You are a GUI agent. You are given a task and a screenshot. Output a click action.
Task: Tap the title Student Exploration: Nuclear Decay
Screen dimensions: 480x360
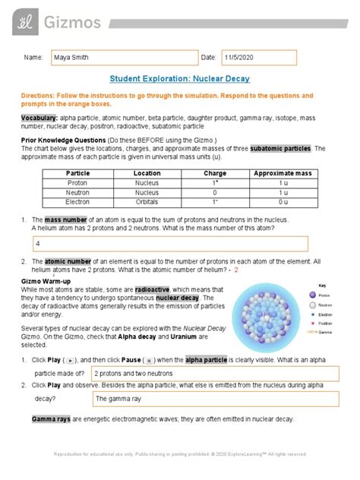tap(179, 78)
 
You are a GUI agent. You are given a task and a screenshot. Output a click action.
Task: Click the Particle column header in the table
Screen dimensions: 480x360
tap(78, 172)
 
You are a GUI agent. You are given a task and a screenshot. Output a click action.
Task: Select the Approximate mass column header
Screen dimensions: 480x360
tap(282, 172)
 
